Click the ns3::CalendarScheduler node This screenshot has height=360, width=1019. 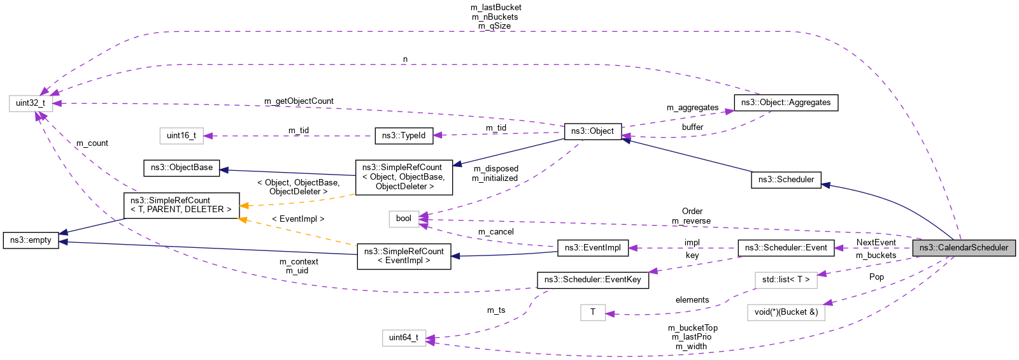pyautogui.click(x=964, y=248)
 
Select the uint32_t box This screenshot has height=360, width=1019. pyautogui.click(x=31, y=103)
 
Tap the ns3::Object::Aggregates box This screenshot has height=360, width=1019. pyautogui.click(x=786, y=103)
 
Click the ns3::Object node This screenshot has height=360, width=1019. pyautogui.click(x=592, y=131)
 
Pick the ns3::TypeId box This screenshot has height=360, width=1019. pyautogui.click(x=404, y=135)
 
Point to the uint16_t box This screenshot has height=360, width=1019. pyautogui.click(x=182, y=135)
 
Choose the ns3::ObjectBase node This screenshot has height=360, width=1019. pyautogui.click(x=182, y=168)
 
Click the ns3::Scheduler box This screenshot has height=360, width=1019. pyautogui.click(x=786, y=180)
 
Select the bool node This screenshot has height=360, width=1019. pyautogui.click(x=404, y=219)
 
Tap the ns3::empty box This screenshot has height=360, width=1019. pyautogui.click(x=31, y=240)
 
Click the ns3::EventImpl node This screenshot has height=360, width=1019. pyautogui.click(x=592, y=248)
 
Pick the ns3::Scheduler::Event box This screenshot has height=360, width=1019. pyautogui.click(x=786, y=248)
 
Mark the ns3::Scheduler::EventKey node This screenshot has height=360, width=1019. pyautogui.click(x=592, y=280)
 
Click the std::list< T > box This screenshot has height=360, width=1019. pyautogui.click(x=786, y=280)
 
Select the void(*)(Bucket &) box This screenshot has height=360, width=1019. pyautogui.click(x=786, y=312)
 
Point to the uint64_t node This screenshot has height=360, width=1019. pyautogui.click(x=404, y=338)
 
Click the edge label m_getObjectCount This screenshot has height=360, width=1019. pyautogui.click(x=299, y=101)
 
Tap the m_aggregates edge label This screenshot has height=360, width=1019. pyautogui.click(x=692, y=108)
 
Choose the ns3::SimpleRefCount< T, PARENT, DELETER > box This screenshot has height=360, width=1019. pyautogui.click(x=181, y=205)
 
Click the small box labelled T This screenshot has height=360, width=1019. pyautogui.click(x=592, y=312)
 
